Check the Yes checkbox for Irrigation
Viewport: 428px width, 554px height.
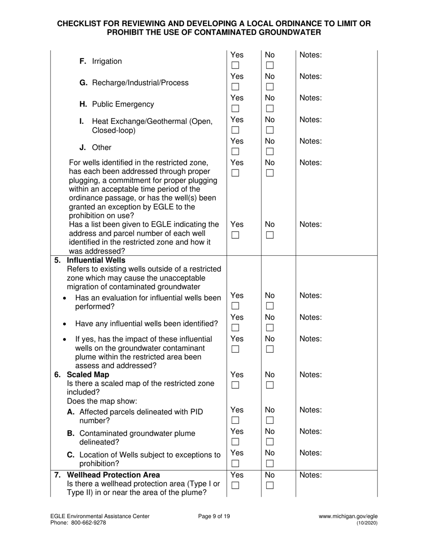click(235, 66)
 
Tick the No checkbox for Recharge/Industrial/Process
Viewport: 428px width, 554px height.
click(270, 86)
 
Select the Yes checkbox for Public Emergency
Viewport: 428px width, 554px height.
click(235, 108)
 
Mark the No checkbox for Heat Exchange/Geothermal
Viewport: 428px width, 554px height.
click(270, 130)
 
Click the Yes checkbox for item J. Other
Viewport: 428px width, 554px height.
click(235, 151)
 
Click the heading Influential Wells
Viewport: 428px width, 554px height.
click(96, 260)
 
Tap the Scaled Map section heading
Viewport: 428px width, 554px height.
click(88, 374)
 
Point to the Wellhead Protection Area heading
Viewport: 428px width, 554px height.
click(113, 475)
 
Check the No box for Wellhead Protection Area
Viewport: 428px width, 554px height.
click(270, 485)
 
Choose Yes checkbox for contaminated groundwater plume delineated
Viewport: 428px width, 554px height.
click(235, 442)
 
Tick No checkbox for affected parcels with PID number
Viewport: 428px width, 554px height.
click(270, 420)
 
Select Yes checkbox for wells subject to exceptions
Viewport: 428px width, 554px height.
click(235, 463)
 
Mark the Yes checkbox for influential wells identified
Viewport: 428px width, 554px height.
click(235, 327)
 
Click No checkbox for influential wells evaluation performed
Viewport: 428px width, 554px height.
click(270, 306)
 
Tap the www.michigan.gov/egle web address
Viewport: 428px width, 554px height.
click(348, 517)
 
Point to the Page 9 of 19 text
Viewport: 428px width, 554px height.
click(214, 517)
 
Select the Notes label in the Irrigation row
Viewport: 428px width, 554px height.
click(310, 55)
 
